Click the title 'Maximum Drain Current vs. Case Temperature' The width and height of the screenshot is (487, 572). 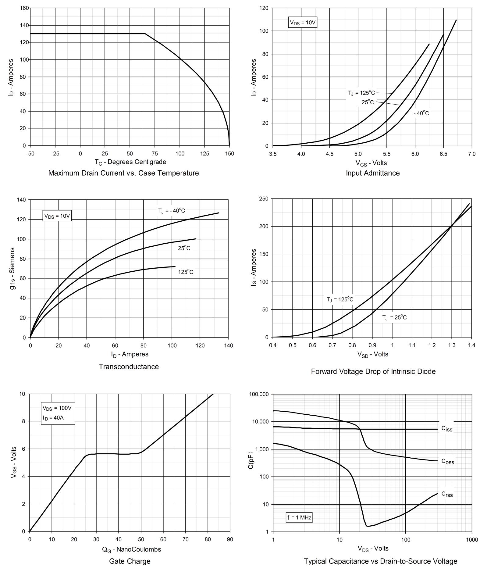click(x=123, y=173)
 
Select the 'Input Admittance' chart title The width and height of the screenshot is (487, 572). click(x=372, y=173)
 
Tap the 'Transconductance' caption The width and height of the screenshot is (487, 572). click(x=129, y=367)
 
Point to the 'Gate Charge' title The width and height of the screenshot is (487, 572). click(x=130, y=561)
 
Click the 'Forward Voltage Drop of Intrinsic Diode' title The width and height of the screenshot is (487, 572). click(x=373, y=372)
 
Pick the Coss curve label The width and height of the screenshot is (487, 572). click(x=447, y=462)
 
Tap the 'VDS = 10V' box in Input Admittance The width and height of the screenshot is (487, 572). click(x=303, y=23)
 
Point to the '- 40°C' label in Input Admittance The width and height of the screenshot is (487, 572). click(x=421, y=113)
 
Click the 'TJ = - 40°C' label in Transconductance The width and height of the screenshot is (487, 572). click(x=171, y=211)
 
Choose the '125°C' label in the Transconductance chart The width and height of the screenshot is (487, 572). click(x=186, y=272)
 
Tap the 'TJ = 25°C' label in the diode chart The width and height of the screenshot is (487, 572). click(x=394, y=317)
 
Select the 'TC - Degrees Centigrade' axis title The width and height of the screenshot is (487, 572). click(x=130, y=162)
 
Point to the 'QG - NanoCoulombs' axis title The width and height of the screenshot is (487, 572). click(x=131, y=549)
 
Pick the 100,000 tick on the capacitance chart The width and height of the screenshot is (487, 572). click(x=259, y=394)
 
